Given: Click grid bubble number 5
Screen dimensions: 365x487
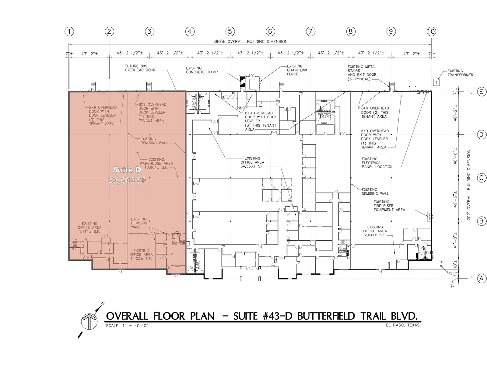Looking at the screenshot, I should click(x=230, y=31).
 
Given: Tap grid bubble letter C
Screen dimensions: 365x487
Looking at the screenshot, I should click(x=482, y=178).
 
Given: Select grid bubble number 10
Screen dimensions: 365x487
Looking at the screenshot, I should click(x=431, y=31).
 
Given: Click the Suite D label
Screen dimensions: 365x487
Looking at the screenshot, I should click(x=127, y=170).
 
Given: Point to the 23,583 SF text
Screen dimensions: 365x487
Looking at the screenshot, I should click(x=127, y=180).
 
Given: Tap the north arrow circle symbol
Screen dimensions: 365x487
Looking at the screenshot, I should click(x=89, y=321).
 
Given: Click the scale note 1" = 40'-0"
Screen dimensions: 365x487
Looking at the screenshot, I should click(x=127, y=325).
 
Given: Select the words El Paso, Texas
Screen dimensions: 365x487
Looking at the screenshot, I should click(x=402, y=325).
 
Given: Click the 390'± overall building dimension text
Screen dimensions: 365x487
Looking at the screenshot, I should click(x=251, y=41).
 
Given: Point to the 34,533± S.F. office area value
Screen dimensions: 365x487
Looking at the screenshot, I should click(x=252, y=166).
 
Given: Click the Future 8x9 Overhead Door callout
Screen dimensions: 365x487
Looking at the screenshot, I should click(x=140, y=68).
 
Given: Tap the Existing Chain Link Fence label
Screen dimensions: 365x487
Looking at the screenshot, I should click(x=297, y=70).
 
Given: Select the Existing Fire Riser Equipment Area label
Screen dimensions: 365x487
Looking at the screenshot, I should click(x=389, y=206).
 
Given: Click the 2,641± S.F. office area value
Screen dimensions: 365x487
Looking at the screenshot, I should click(x=375, y=235).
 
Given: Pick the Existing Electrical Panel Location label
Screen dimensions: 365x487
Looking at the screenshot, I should click(x=377, y=163).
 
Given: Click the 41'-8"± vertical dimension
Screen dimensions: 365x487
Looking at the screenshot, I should click(x=455, y=240).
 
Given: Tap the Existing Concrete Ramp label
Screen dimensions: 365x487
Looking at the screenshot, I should click(x=201, y=70).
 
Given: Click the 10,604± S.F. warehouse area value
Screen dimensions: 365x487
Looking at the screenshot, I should click(x=156, y=167).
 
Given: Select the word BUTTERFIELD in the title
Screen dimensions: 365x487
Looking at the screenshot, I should click(x=326, y=316).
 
